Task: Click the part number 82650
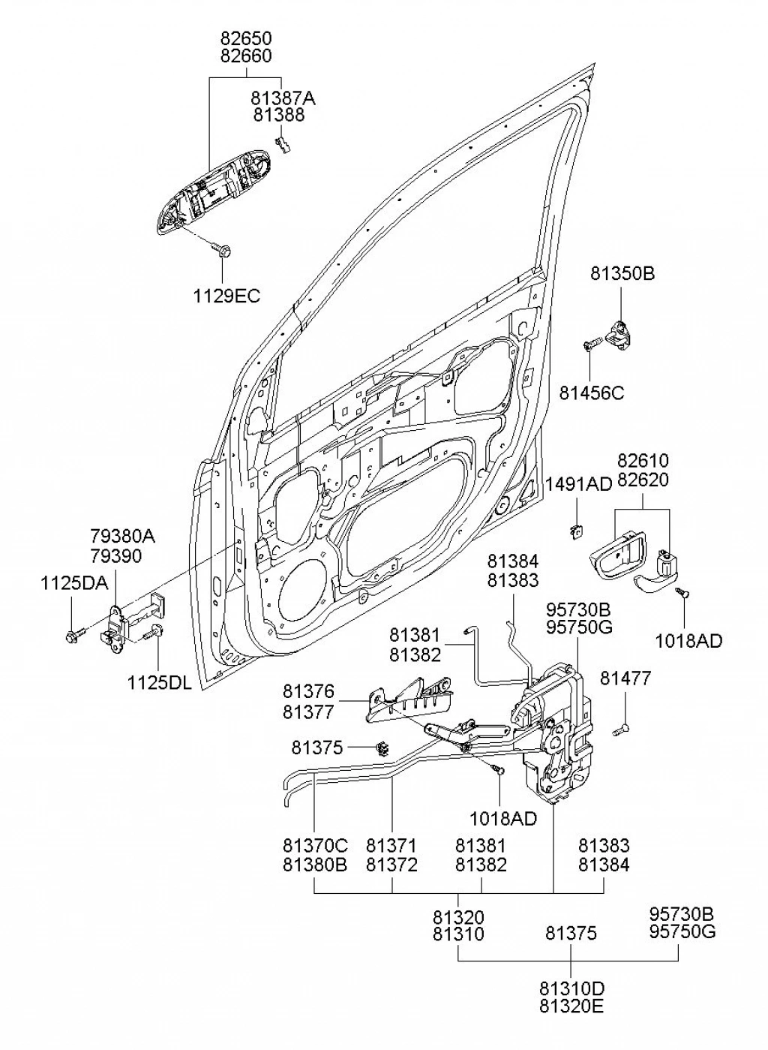(246, 38)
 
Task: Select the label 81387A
(283, 98)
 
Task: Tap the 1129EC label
(226, 296)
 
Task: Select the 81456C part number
(592, 393)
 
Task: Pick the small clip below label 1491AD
(575, 531)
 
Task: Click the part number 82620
(643, 480)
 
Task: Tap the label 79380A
(122, 537)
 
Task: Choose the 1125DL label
(159, 683)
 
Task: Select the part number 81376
(308, 691)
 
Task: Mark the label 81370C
(315, 846)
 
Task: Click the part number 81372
(391, 865)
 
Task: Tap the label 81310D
(571, 988)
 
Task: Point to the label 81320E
(571, 1006)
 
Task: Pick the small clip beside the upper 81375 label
(383, 748)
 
